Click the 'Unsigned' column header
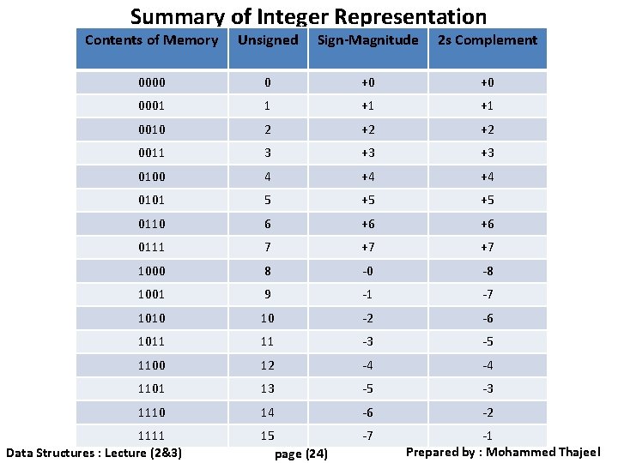click(268, 40)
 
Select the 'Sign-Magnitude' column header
click(367, 40)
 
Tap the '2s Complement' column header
click(487, 40)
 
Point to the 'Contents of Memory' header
click(152, 40)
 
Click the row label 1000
click(152, 271)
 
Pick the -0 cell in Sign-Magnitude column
click(367, 271)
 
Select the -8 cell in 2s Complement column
click(487, 271)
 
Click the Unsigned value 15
click(268, 436)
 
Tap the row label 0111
click(152, 247)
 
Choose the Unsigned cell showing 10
click(268, 318)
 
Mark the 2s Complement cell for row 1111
click(487, 436)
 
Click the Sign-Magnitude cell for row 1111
click(367, 436)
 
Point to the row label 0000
click(152, 83)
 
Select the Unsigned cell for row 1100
click(268, 365)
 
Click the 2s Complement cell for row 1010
click(487, 318)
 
